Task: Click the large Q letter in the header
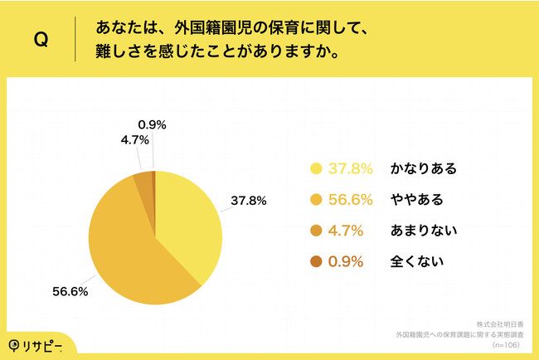coord(40,41)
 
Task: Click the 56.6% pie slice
coord(124,249)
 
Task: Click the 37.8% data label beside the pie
coord(247,200)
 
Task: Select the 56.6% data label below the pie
coord(70,291)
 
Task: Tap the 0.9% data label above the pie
coord(152,125)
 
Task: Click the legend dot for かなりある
coord(315,169)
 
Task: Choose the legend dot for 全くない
coord(315,261)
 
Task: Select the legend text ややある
coord(416,200)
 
